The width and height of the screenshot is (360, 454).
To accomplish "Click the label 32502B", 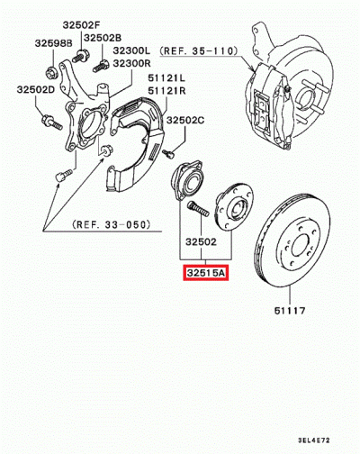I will [x=102, y=38].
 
